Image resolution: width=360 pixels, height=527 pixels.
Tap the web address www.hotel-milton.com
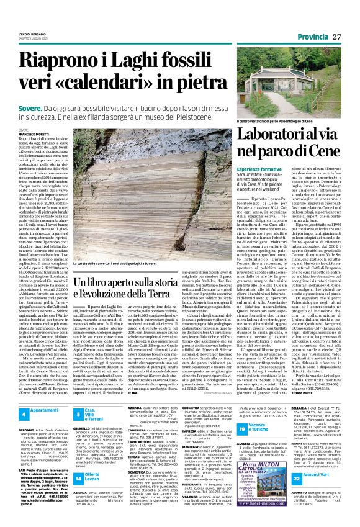pos(263,486)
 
